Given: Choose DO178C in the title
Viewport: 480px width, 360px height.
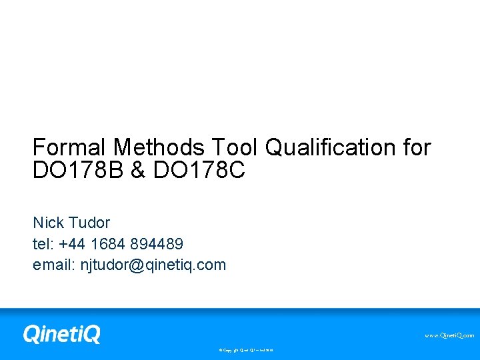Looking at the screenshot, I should (x=199, y=171).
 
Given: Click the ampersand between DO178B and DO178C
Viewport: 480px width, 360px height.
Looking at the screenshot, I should (x=137, y=171).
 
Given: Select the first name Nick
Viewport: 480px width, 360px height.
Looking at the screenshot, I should (x=49, y=223).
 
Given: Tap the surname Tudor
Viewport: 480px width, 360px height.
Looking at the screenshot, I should (x=89, y=223).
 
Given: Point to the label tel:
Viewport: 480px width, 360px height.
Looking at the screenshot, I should (x=43, y=244).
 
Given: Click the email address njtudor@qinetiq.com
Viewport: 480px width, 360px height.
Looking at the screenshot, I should (x=153, y=265).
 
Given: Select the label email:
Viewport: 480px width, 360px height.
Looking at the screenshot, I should (x=54, y=265).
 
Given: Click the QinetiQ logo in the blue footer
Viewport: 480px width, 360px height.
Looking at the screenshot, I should (x=61, y=333).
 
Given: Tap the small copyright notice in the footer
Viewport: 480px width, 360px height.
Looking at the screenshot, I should (x=246, y=349).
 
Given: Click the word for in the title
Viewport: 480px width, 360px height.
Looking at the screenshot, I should (x=417, y=147).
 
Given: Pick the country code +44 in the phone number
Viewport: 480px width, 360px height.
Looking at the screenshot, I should (x=71, y=244).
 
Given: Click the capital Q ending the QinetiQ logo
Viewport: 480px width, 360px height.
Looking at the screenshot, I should (x=91, y=334).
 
